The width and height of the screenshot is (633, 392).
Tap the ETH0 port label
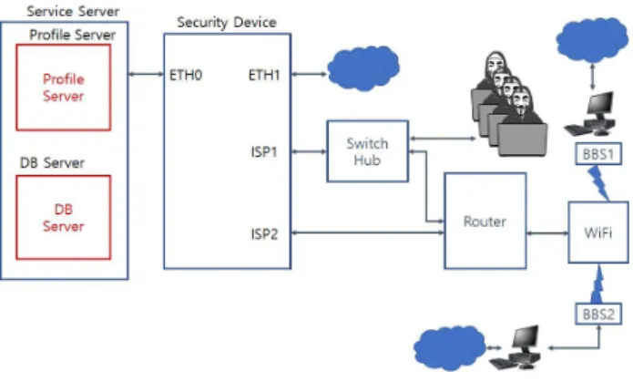pyautogui.click(x=186, y=75)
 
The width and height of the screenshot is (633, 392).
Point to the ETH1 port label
pyautogui.click(x=264, y=75)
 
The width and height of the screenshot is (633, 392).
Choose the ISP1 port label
pyautogui.click(x=264, y=152)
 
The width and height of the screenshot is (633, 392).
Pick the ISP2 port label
pyautogui.click(x=264, y=234)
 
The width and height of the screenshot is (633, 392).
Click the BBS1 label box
pyautogui.click(x=597, y=154)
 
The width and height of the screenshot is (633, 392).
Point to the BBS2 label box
pyautogui.click(x=598, y=314)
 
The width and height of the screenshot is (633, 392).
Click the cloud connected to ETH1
pyautogui.click(x=363, y=68)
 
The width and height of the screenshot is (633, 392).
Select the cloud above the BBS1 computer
pyautogui.click(x=592, y=39)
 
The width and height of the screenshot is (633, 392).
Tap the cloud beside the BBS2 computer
pyautogui.click(x=449, y=348)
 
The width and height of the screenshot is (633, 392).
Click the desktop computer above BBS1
pyautogui.click(x=590, y=114)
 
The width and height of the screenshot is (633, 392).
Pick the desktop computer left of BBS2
pyautogui.click(x=516, y=347)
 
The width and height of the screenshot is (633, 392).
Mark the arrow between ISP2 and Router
pyautogui.click(x=367, y=232)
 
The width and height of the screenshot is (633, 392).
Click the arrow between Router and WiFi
pyautogui.click(x=547, y=233)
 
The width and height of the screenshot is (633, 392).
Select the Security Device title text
pyautogui.click(x=227, y=22)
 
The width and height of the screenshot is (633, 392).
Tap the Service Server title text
pyautogui.click(x=73, y=11)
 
